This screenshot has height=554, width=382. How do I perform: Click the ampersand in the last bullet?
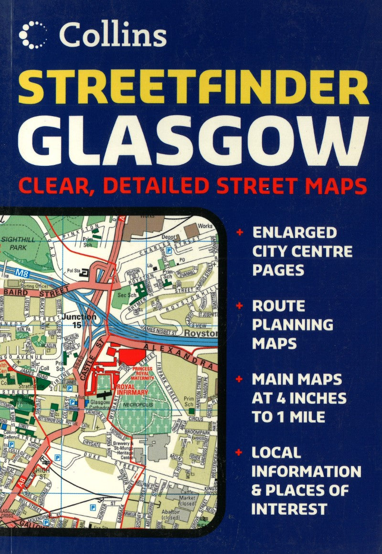pyautogui.click(x=258, y=490)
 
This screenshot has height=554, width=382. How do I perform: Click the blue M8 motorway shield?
pyautogui.click(x=22, y=274)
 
